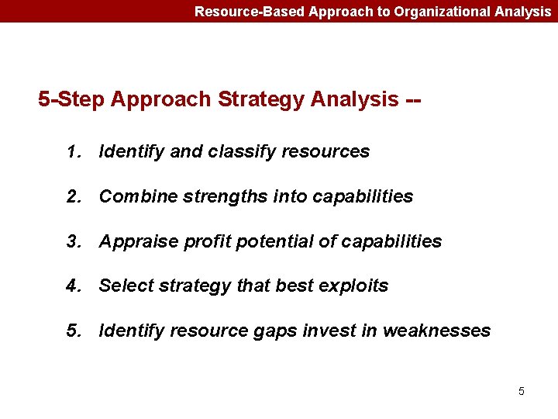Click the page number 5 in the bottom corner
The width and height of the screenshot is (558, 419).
pyautogui.click(x=521, y=391)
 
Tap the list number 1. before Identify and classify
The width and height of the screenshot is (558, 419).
pyautogui.click(x=74, y=152)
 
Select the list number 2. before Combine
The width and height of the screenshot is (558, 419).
pyautogui.click(x=74, y=197)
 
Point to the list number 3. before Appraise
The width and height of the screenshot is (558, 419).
pyautogui.click(x=74, y=242)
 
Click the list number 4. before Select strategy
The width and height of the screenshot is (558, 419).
pyautogui.click(x=74, y=286)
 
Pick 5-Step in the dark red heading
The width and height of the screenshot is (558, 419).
pyautogui.click(x=72, y=100)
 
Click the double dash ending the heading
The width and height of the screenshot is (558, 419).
pyautogui.click(x=414, y=100)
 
